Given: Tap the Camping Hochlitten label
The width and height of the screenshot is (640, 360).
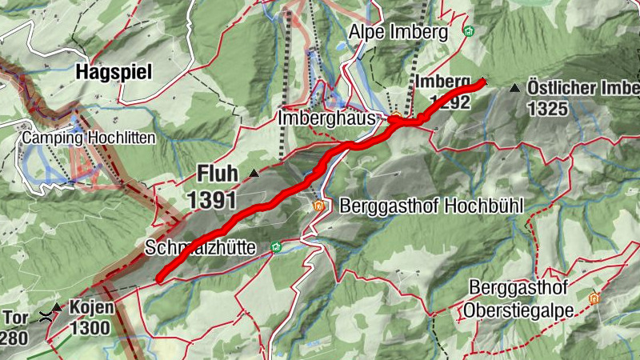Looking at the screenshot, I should click(89, 138).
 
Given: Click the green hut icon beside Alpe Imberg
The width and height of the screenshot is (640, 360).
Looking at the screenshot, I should click(470, 32).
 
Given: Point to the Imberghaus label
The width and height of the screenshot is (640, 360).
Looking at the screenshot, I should click(327, 118).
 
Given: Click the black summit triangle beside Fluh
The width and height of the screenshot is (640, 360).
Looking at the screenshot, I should click(254, 173).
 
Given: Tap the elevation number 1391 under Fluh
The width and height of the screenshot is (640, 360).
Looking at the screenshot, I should click(214, 199).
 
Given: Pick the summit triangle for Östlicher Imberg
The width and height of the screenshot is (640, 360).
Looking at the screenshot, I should click(515, 86).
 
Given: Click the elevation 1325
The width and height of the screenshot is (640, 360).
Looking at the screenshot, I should click(547, 107).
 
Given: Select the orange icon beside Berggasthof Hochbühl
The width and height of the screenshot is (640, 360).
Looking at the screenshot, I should click(319, 206).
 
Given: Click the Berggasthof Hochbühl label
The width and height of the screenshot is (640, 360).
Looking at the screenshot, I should click(431, 206).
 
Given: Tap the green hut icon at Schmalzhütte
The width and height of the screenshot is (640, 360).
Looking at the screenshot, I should click(275, 247).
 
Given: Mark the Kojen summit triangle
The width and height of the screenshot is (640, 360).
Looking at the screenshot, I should click(57, 306).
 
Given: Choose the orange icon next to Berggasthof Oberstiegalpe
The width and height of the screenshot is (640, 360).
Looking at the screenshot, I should click(594, 298).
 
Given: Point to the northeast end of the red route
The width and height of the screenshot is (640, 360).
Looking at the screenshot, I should click(482, 82).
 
